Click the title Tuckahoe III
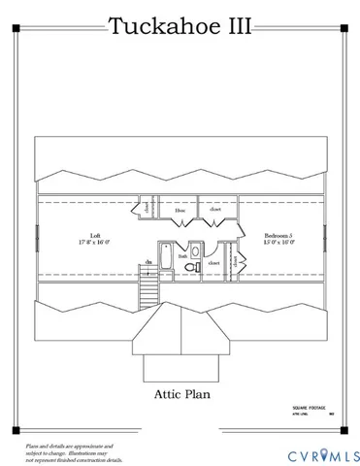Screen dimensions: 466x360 pyautogui.click(x=180, y=26)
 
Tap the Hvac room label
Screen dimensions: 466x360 pyautogui.click(x=180, y=210)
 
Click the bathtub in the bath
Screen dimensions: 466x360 pyautogui.click(x=167, y=258)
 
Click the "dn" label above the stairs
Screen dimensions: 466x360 pyautogui.click(x=148, y=262)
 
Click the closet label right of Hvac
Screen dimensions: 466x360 pyautogui.click(x=215, y=210)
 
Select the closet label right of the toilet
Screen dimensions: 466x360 pyautogui.click(x=213, y=262)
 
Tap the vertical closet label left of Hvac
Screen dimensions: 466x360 pyautogui.click(x=147, y=207)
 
